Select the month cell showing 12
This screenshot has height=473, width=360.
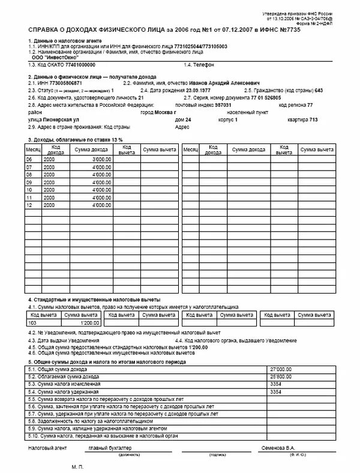(29, 205)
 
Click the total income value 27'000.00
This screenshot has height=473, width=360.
(281, 368)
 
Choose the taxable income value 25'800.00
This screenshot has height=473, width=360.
(281, 376)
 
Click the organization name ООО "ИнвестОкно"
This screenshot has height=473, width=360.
(52, 58)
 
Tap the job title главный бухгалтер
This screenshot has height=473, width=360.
(109, 448)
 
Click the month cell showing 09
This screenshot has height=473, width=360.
(29, 182)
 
